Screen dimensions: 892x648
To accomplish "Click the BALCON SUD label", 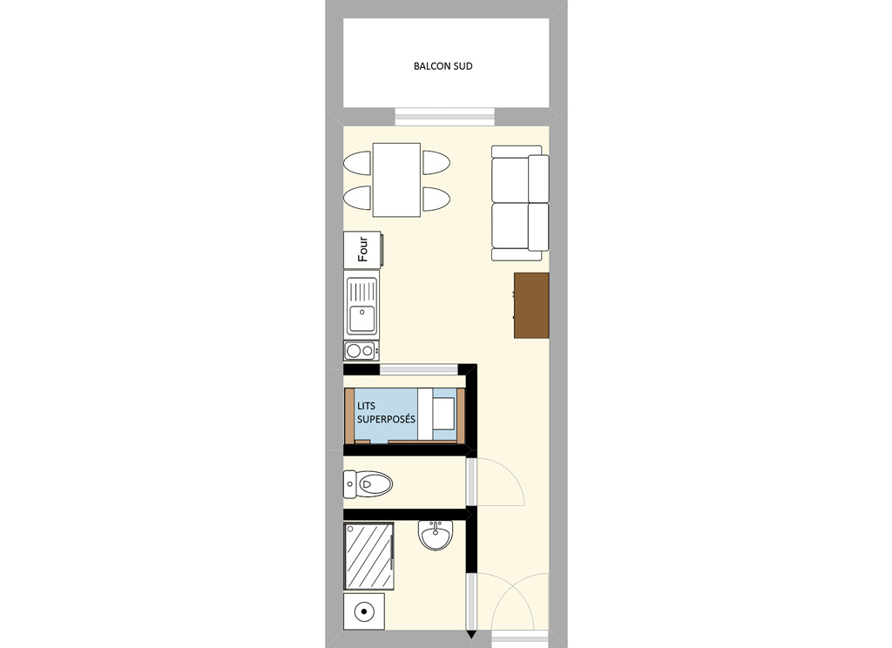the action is tap(443, 66).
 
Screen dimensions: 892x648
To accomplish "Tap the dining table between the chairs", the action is tap(396, 179).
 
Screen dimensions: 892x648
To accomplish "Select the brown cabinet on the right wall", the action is tap(531, 306).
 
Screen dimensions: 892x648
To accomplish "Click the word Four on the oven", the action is tap(363, 249).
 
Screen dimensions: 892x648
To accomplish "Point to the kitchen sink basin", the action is tap(362, 318).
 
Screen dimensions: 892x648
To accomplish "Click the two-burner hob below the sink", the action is tap(362, 350).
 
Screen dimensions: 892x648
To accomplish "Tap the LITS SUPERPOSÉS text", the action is tap(386, 413).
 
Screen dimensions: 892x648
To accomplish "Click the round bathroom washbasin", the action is tap(436, 536).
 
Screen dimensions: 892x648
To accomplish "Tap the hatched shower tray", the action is tap(368, 557).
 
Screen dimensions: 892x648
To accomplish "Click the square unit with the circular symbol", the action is tap(363, 611).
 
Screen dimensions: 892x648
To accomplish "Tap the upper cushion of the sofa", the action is tap(520, 178).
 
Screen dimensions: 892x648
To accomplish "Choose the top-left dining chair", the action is tap(357, 163).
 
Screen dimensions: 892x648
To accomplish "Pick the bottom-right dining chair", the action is tap(436, 199).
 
